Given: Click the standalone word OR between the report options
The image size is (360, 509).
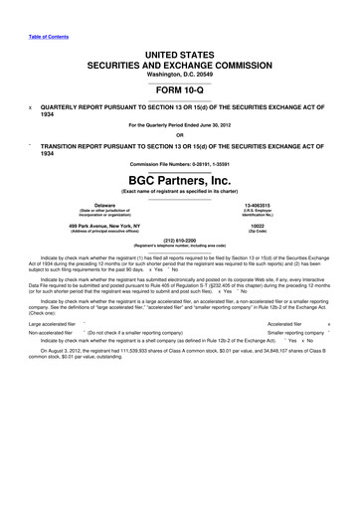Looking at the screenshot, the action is pos(180,135).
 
